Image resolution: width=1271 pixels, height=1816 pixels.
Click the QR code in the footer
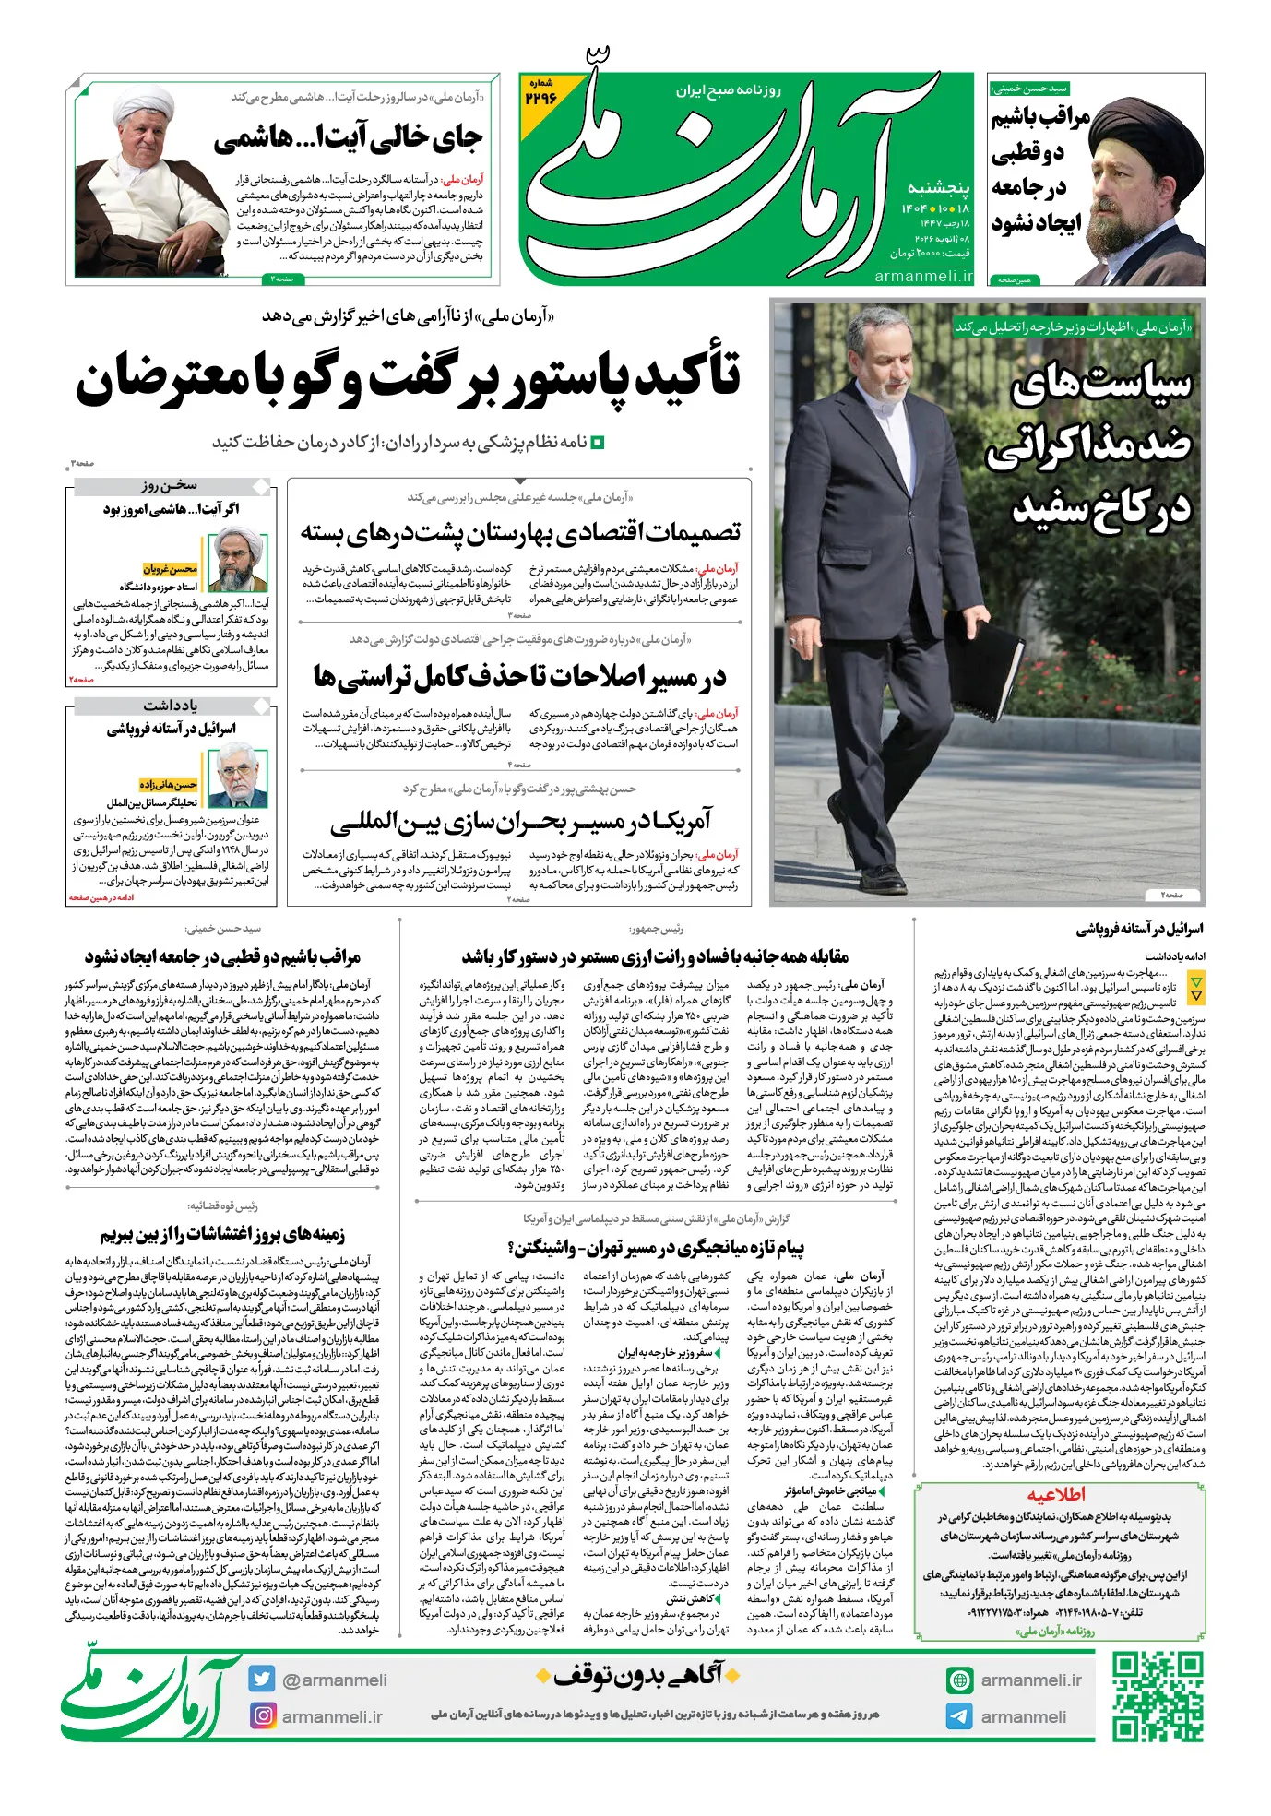[1157, 1697]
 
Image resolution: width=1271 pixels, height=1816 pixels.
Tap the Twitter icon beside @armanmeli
[262, 1680]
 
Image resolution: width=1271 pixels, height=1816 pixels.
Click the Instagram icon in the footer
[263, 1715]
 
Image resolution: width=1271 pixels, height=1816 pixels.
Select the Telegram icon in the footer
[959, 1716]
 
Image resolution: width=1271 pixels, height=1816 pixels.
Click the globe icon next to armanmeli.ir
[959, 1680]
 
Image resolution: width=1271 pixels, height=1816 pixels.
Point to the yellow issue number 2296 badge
[541, 93]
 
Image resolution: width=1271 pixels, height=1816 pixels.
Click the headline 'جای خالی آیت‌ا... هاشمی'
[348, 138]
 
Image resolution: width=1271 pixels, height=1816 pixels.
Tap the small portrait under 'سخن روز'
[238, 559]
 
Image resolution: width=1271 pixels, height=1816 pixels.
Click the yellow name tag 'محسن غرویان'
[171, 569]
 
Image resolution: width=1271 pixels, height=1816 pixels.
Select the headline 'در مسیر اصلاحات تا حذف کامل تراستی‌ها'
[519, 677]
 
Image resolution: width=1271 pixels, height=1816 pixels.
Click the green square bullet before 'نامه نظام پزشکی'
[597, 443]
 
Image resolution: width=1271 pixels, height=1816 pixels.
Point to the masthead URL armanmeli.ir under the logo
[923, 276]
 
